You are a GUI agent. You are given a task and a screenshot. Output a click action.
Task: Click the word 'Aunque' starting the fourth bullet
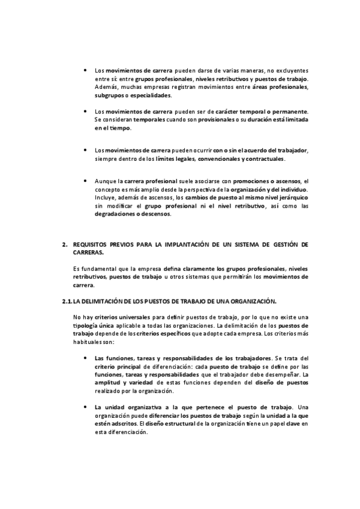[105, 181]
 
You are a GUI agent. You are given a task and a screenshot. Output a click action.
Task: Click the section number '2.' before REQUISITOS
[64, 245]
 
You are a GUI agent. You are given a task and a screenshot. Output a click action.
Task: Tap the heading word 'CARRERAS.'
[88, 253]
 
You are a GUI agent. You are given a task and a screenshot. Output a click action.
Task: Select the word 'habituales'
[87, 342]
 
